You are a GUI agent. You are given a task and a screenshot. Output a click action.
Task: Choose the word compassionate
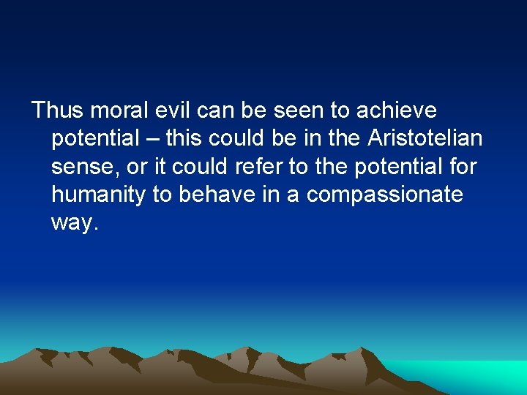coord(385,195)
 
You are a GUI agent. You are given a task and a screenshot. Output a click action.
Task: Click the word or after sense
coord(137,167)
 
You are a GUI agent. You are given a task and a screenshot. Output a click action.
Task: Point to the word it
coord(162,167)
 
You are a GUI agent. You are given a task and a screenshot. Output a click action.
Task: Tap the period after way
coord(94,228)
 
